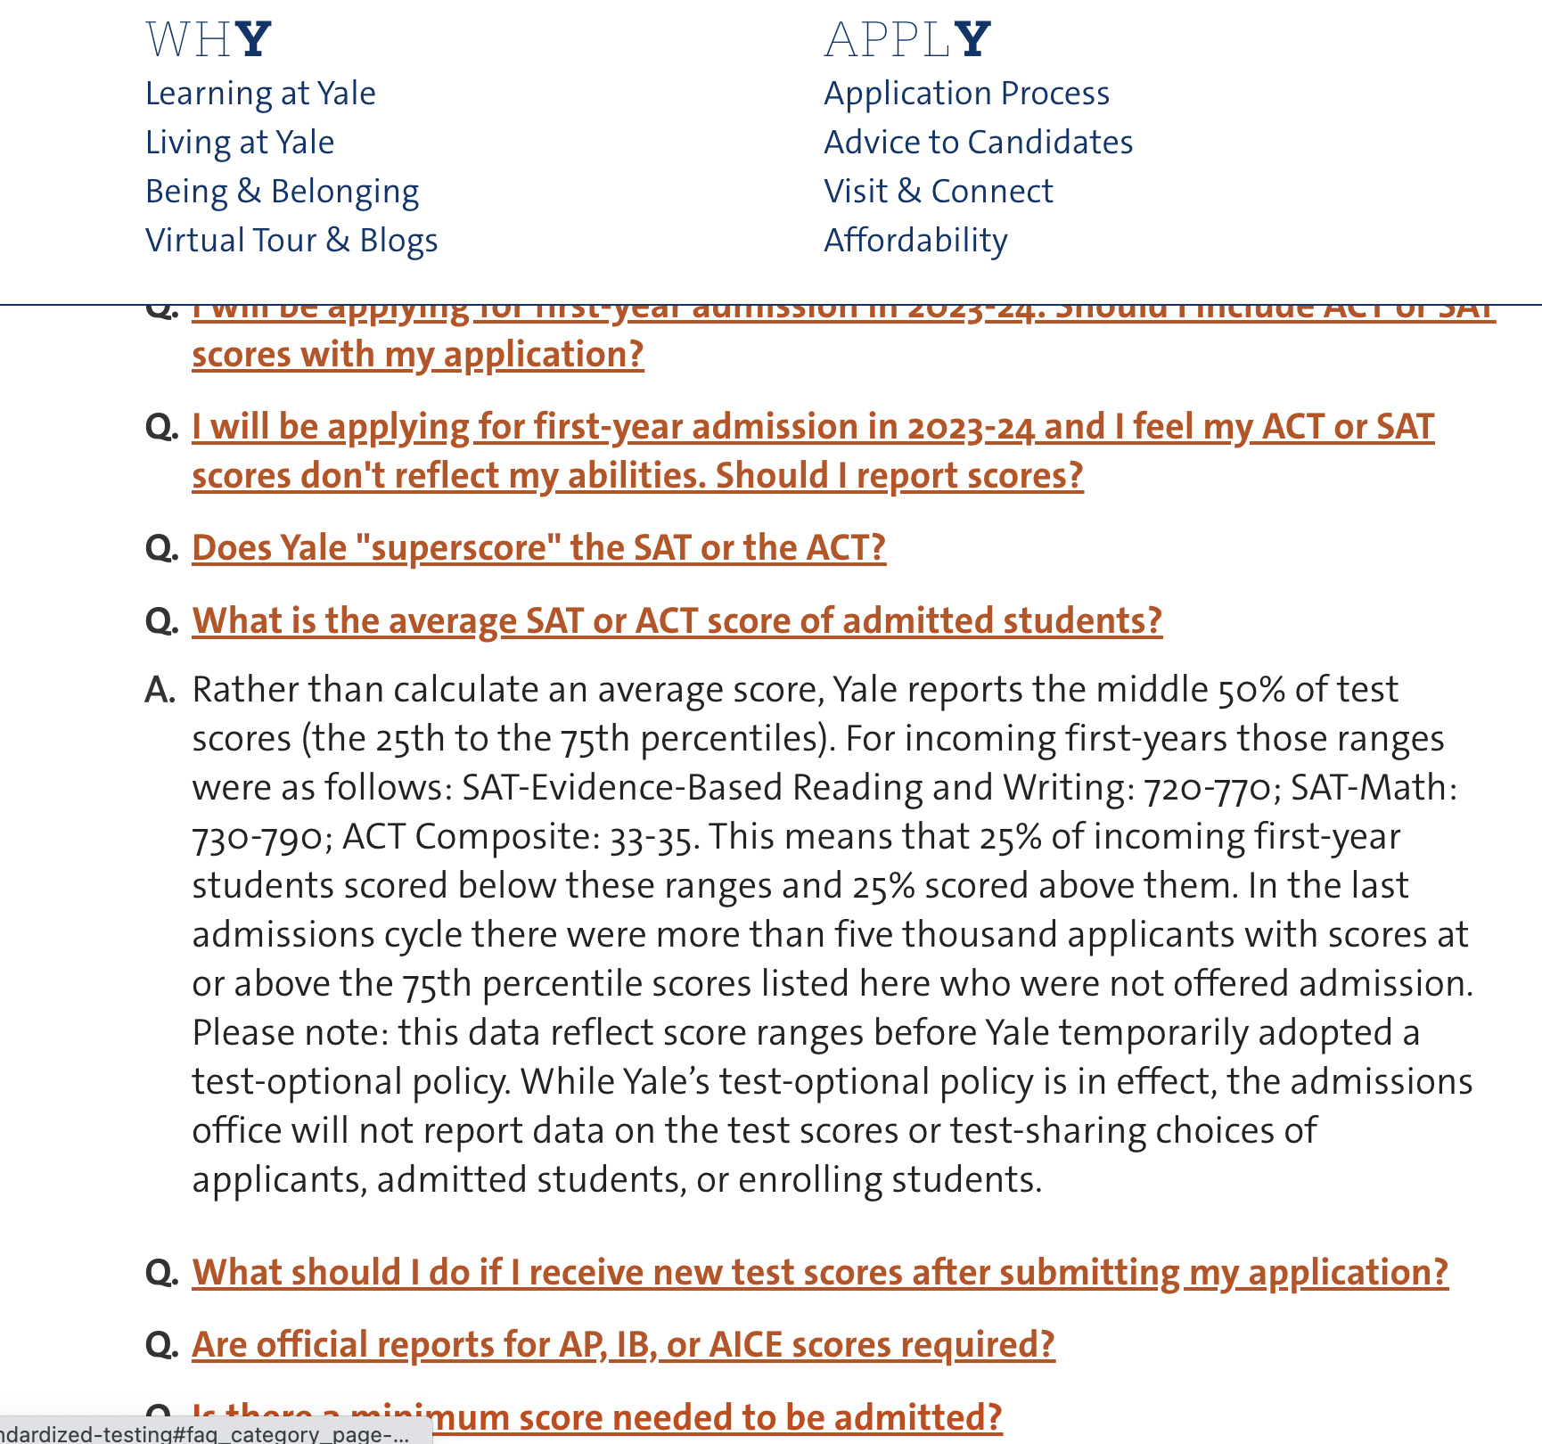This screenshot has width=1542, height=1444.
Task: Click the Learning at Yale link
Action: tap(260, 94)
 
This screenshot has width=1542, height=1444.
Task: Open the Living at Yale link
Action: tap(240, 143)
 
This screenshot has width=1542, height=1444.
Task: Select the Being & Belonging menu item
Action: tap(282, 192)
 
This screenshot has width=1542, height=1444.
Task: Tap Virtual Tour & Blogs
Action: tap(291, 241)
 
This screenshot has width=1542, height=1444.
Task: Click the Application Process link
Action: tap(966, 94)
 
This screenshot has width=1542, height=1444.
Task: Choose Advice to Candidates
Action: tap(978, 143)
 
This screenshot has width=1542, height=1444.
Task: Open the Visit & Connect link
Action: tap(938, 192)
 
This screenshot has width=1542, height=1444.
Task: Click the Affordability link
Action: tap(915, 241)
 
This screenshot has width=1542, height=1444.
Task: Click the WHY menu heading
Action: tap(209, 40)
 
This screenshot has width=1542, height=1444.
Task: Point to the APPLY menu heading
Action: tap(907, 40)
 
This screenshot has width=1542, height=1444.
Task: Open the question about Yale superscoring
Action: tap(538, 548)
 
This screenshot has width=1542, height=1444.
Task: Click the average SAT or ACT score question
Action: tap(677, 621)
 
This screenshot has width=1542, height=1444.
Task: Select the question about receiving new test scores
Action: tap(819, 1273)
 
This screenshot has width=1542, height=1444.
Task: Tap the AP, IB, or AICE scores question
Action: tap(623, 1345)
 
